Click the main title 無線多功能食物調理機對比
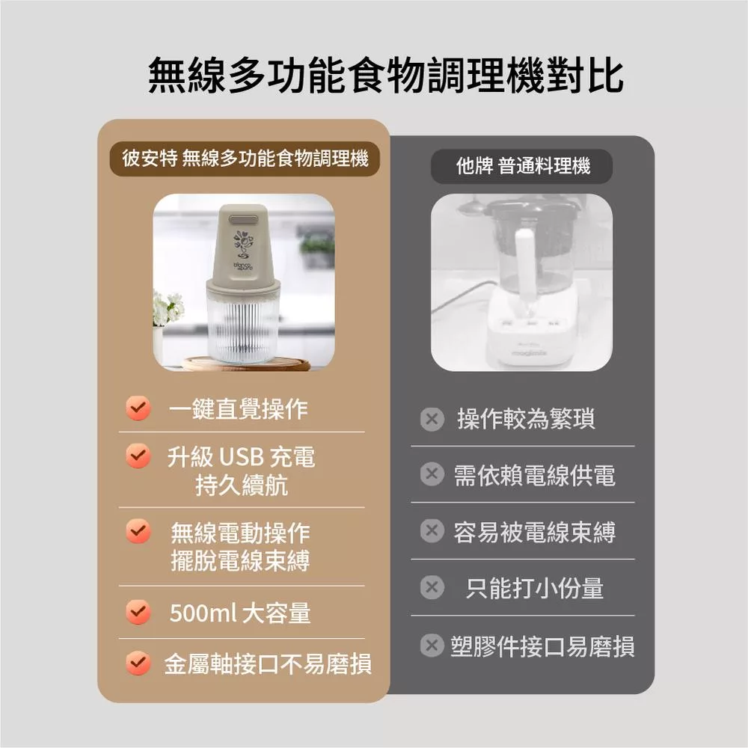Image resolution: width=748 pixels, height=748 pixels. pos(385,76)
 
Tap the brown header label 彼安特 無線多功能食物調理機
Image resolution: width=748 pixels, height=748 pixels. pos(245,159)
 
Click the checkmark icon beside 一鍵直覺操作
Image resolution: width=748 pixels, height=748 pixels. pos(138,408)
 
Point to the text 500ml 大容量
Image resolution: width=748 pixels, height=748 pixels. pos(240,613)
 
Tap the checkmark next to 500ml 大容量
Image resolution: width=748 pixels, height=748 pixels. pos(138,612)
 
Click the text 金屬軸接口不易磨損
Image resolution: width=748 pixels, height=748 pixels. pos(268,663)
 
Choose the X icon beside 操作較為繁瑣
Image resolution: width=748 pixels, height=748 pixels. pos(432,420)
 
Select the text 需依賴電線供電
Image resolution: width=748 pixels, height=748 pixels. pos(534,476)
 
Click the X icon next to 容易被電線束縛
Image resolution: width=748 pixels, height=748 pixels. pos(432,530)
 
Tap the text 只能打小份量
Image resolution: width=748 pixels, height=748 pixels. pos(534,588)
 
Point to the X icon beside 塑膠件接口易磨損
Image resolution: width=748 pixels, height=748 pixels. pos(432,646)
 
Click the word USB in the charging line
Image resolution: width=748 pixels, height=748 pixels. pos(241,457)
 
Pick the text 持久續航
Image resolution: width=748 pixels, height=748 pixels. pos(242,485)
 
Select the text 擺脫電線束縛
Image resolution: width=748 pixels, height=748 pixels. pos(240,560)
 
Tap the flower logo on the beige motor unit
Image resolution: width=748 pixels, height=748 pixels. pos(244,243)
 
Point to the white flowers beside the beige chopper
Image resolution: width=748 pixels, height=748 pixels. pos(167,307)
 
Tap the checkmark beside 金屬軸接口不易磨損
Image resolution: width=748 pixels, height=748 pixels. pos(138,663)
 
